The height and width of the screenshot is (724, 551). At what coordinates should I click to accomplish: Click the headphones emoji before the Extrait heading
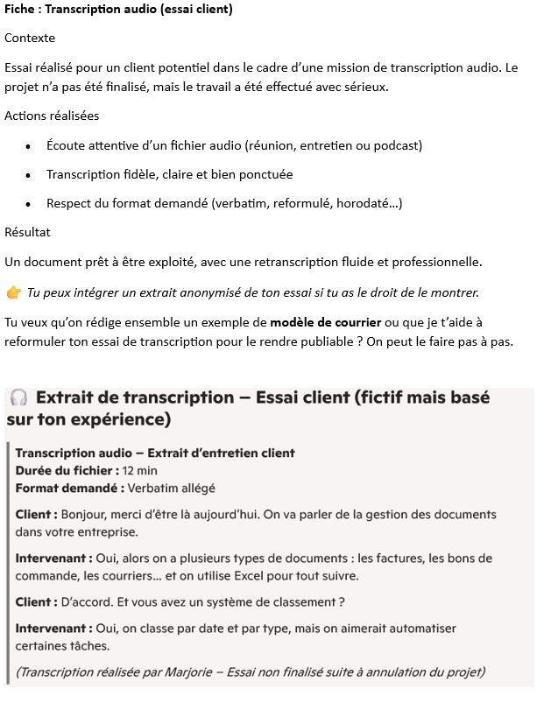(18, 397)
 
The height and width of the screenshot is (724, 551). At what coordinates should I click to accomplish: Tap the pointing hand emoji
(13, 292)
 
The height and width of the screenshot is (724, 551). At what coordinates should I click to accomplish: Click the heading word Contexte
(30, 38)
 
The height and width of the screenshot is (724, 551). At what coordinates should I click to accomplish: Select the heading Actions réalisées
(52, 116)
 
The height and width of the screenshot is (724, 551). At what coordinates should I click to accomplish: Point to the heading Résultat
(27, 232)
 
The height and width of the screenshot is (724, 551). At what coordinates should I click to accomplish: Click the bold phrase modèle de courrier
(325, 322)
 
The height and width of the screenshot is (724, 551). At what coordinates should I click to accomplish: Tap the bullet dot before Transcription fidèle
(28, 175)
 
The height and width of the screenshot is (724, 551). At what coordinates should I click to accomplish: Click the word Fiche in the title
(20, 9)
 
